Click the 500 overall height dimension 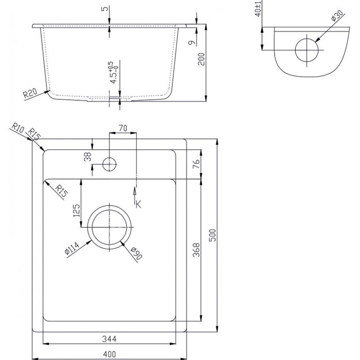point(213,235)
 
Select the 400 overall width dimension point(110,354)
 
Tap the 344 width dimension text point(109,339)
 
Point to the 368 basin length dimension point(196,250)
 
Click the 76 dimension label point(196,164)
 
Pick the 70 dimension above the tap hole point(123,128)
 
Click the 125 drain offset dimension point(76,211)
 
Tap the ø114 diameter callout point(72,248)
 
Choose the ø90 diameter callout point(136,253)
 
